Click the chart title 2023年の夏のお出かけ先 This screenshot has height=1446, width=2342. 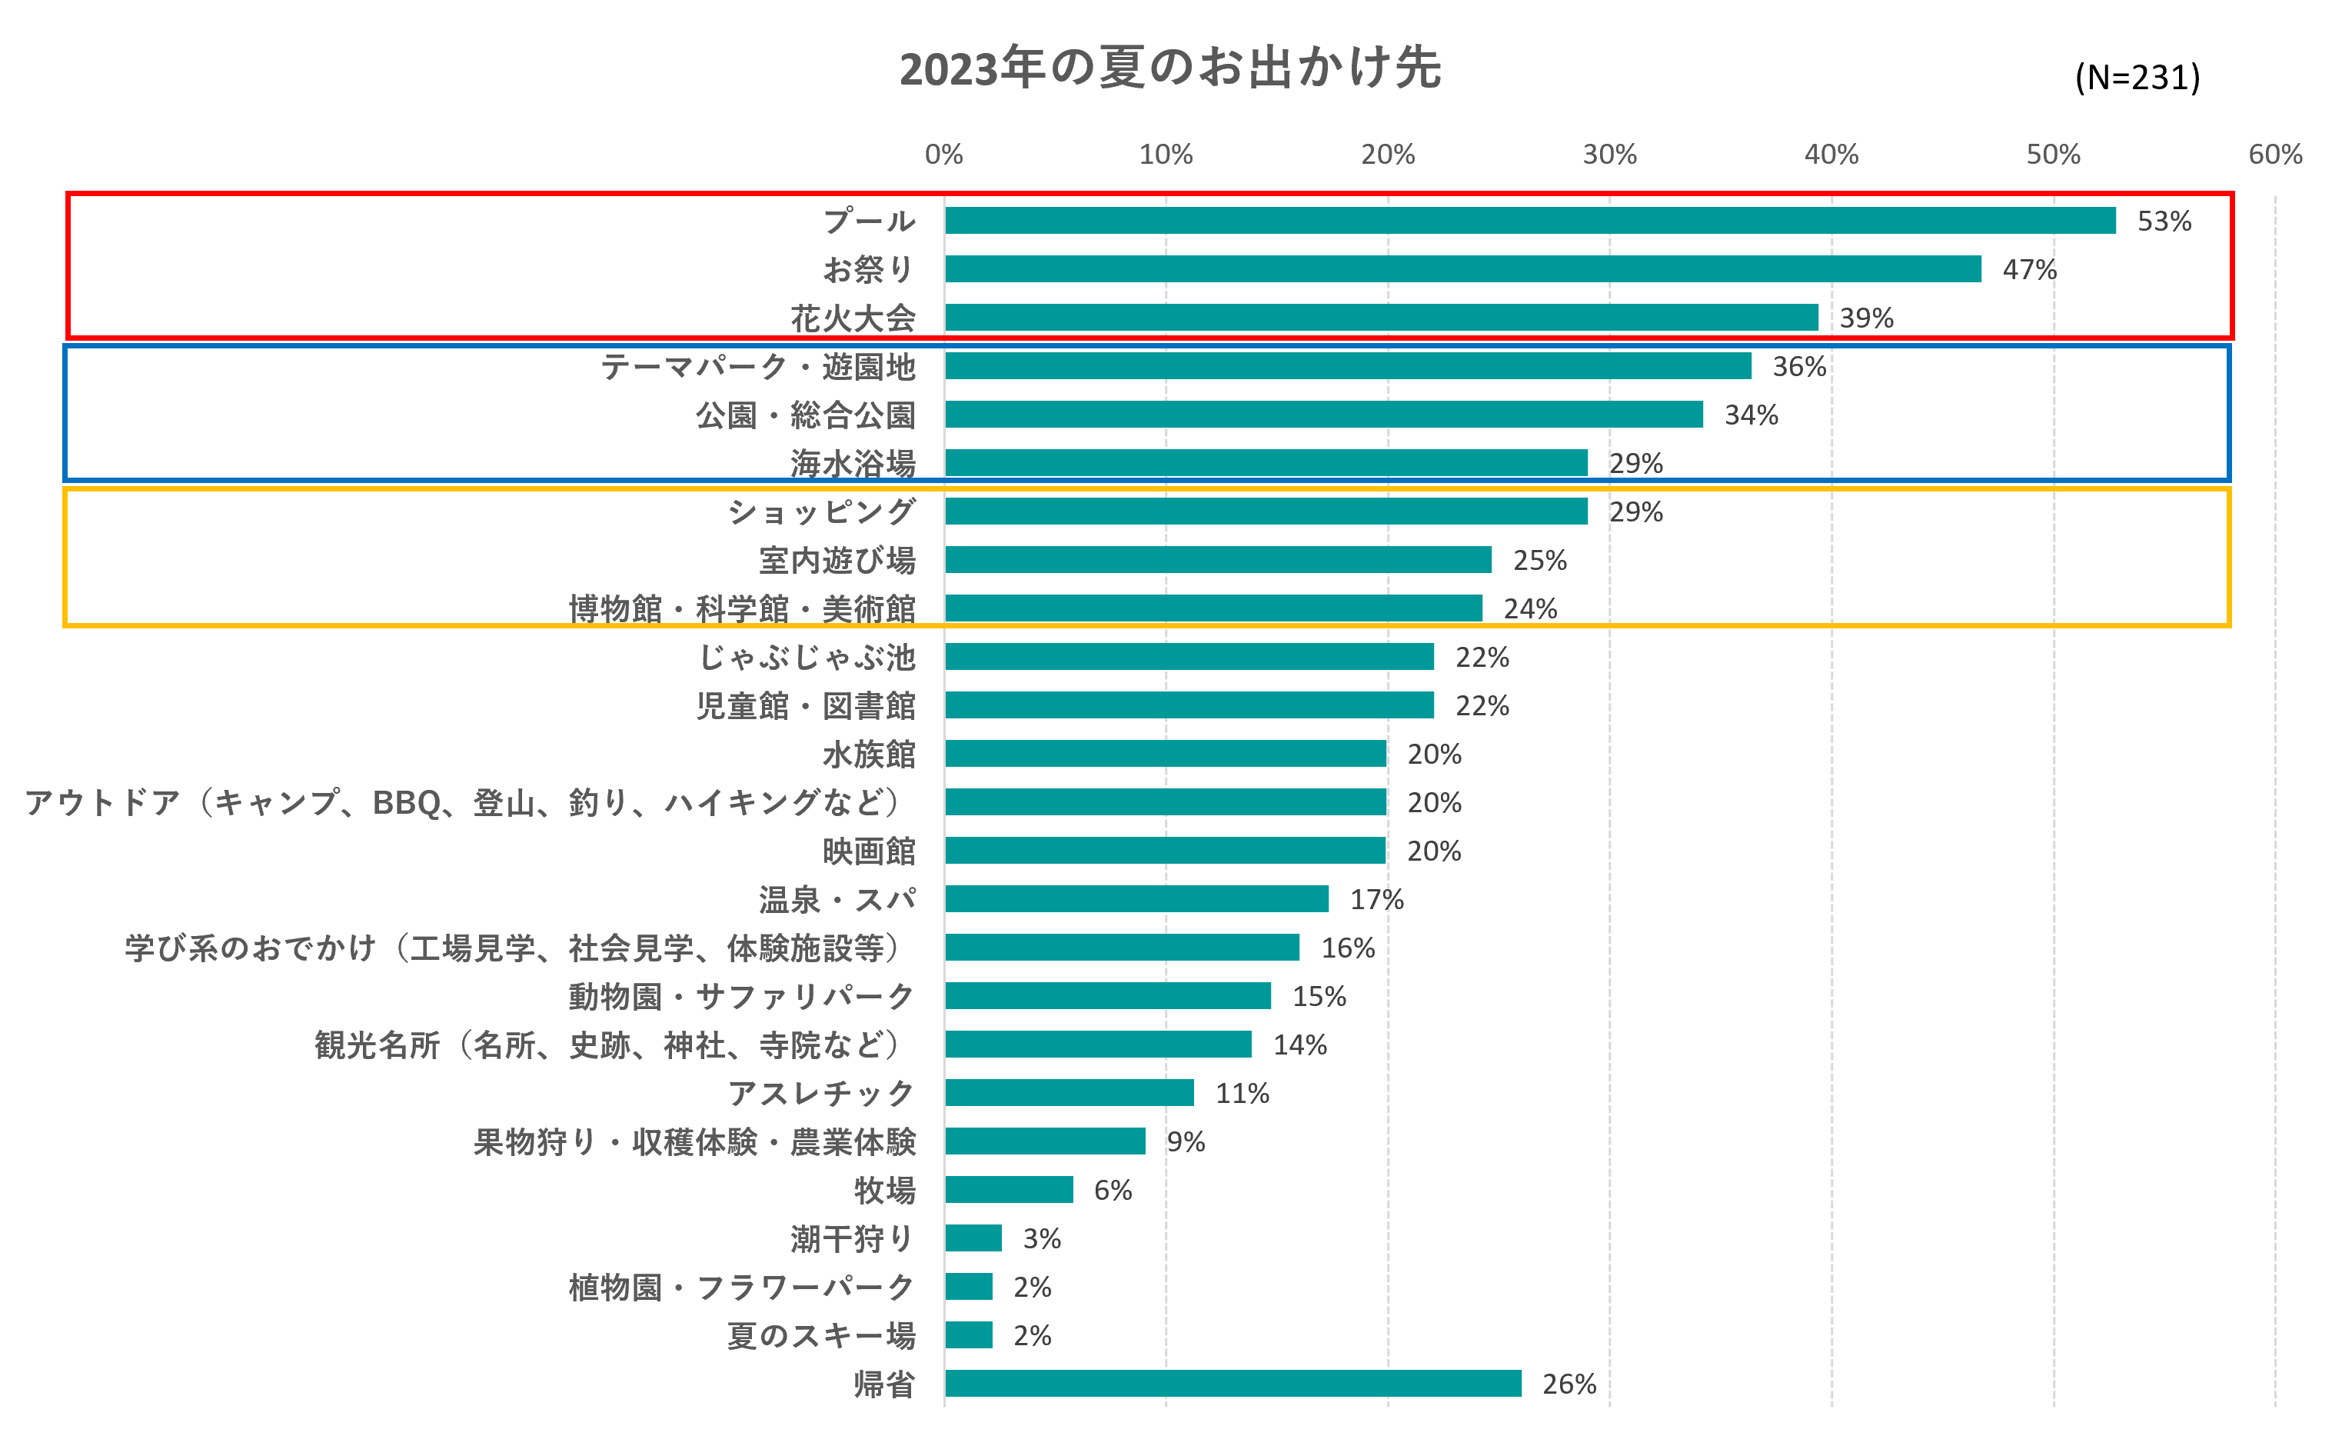[x=1169, y=69]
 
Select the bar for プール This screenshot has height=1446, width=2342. [x=1529, y=221]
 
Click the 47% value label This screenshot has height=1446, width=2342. [x=2028, y=270]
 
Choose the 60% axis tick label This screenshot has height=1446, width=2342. [x=2274, y=155]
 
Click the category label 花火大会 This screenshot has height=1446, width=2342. [x=853, y=318]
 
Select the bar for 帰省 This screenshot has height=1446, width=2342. [x=1233, y=1384]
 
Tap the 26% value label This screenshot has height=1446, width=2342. [x=1569, y=1384]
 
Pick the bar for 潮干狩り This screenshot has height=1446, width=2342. [x=973, y=1238]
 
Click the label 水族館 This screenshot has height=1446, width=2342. [x=868, y=755]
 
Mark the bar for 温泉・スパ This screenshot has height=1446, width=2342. [x=1136, y=899]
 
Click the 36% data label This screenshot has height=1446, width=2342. [x=1799, y=367]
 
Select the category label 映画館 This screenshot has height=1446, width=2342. [x=868, y=851]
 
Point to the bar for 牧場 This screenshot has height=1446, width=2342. [x=1009, y=1190]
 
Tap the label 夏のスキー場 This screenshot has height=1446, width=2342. [x=820, y=1336]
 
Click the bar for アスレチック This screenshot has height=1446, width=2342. [x=1069, y=1093]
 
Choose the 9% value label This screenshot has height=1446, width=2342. [x=1186, y=1142]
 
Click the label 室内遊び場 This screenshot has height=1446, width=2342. [x=837, y=561]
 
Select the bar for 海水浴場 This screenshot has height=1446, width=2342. [x=1266, y=464]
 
